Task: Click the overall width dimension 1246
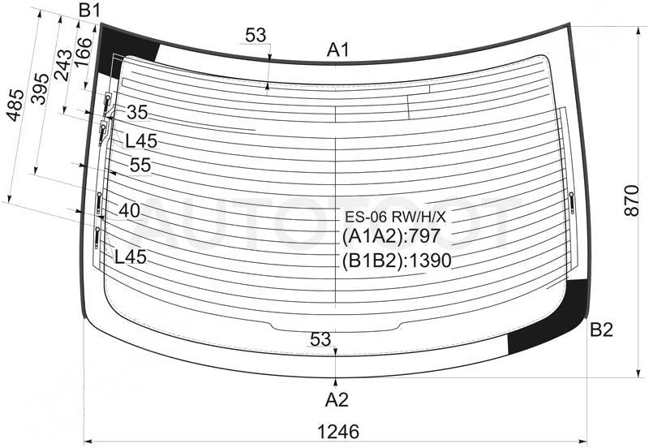click(337, 432)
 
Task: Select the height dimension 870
click(632, 200)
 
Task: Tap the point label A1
click(338, 50)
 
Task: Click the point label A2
click(337, 400)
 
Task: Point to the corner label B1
click(90, 11)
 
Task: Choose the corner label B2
click(601, 330)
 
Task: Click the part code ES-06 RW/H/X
click(395, 217)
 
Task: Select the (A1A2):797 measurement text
click(391, 236)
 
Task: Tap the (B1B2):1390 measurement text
click(397, 261)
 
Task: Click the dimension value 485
click(15, 106)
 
